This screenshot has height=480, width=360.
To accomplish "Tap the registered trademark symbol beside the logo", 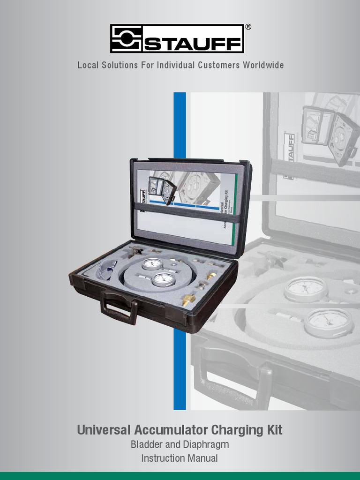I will point(248,27).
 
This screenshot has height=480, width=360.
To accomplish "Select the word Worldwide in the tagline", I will point(263,65).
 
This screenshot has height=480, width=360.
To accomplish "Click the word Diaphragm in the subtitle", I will point(206,444).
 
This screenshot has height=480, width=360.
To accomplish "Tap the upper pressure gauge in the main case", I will point(152,264).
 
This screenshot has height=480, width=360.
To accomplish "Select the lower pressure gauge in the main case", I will point(164,279).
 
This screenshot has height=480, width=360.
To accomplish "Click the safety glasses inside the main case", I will point(106,271).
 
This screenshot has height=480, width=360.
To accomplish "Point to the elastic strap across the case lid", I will point(187,211).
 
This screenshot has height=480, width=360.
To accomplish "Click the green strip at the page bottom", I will point(180,476).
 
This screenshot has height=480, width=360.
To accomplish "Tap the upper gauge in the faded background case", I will point(306,289).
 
